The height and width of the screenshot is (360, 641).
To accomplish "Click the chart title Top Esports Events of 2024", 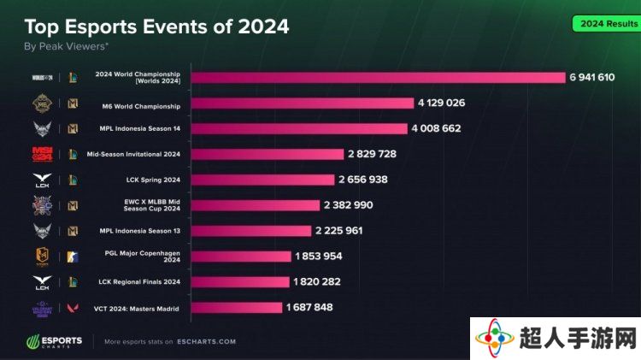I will click(x=156, y=27).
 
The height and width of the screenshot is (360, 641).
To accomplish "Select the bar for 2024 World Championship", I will click(x=377, y=78).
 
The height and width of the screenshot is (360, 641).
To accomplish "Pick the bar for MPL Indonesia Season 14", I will click(x=299, y=129).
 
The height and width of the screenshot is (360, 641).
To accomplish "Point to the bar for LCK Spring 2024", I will click(x=262, y=180).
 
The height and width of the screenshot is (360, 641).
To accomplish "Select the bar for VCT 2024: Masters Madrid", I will click(x=236, y=307).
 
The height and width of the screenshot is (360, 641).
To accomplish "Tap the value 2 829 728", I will click(x=372, y=154).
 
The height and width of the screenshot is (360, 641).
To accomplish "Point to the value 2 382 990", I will click(x=349, y=205).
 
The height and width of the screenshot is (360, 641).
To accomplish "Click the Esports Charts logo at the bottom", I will click(x=53, y=341).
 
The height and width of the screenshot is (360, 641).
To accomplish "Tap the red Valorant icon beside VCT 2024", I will click(x=74, y=307).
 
